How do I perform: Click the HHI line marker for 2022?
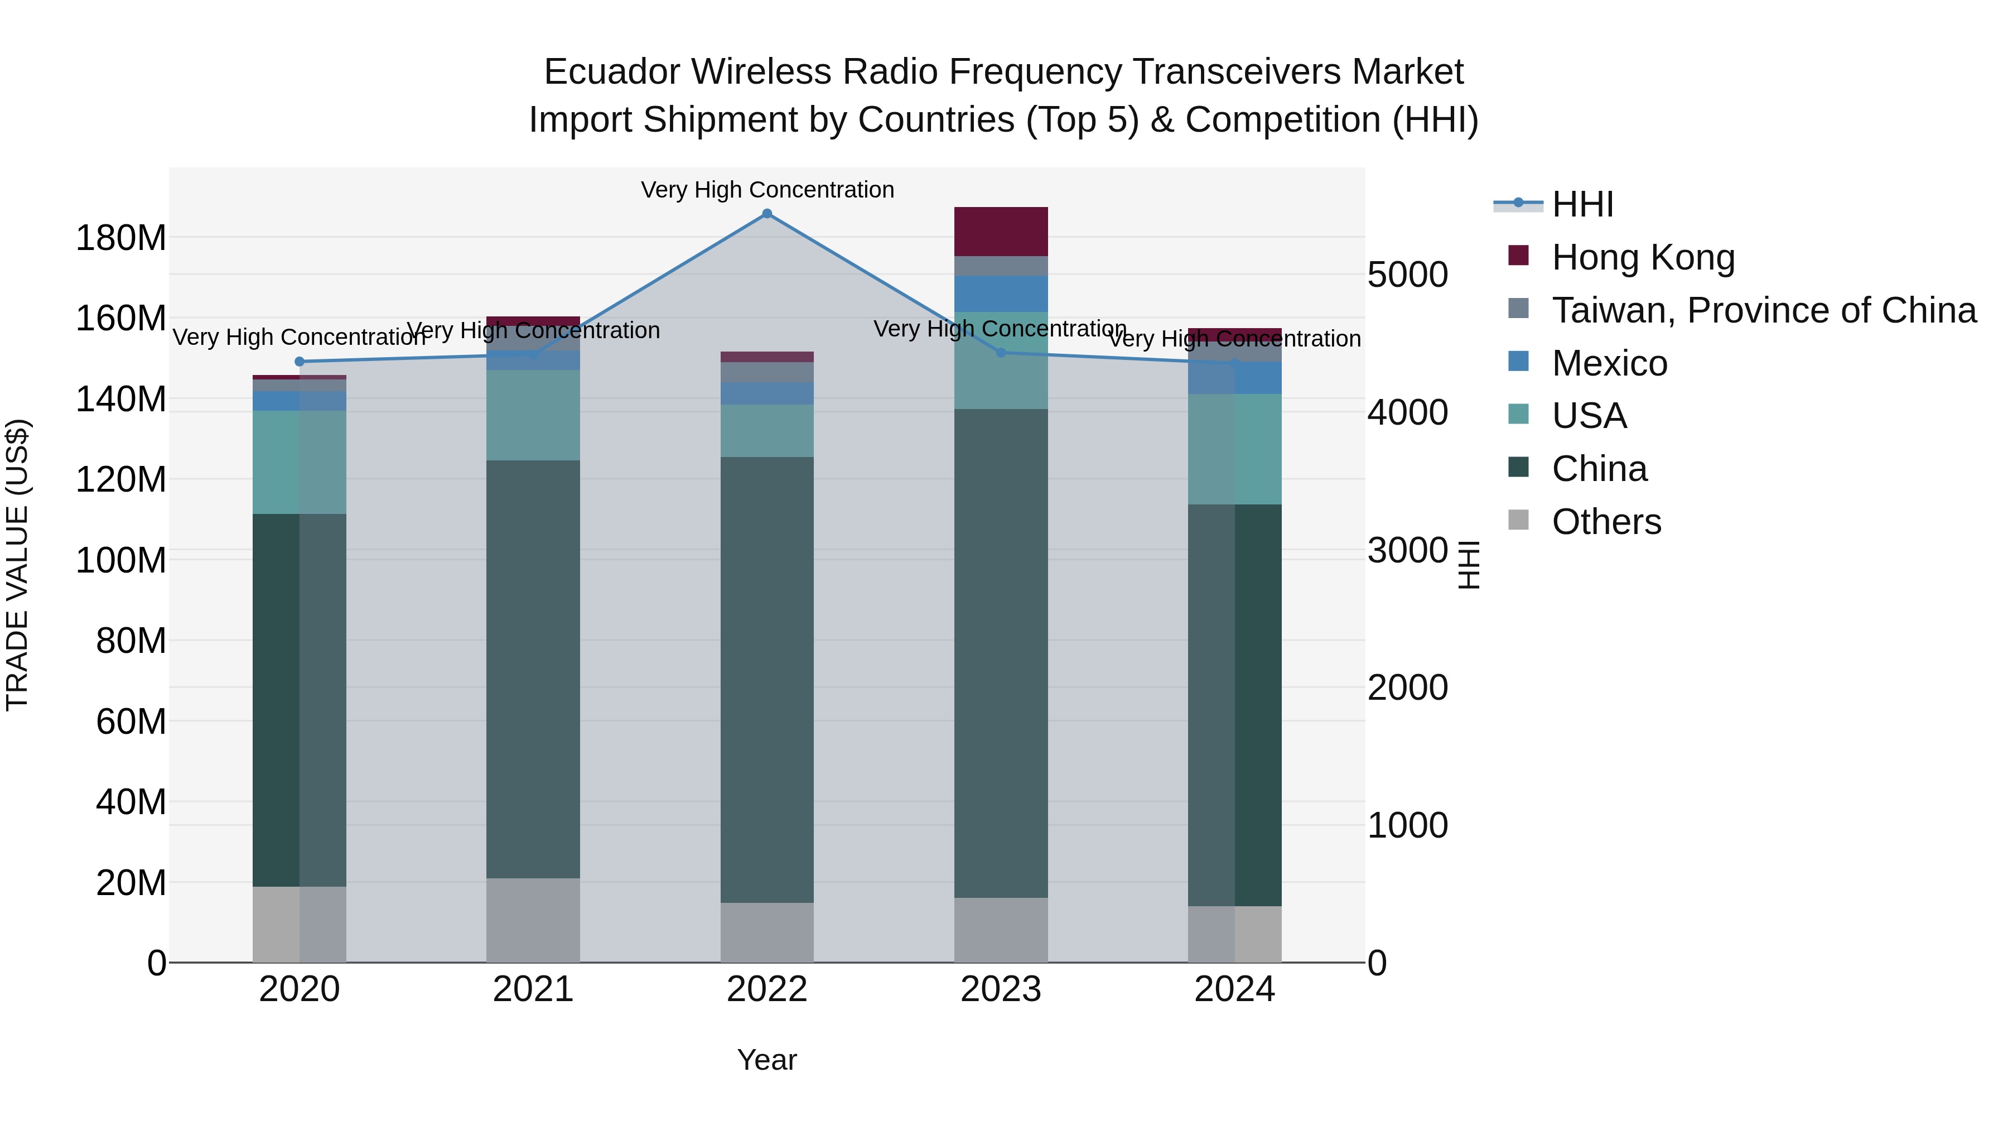[x=767, y=214]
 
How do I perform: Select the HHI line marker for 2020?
[x=300, y=362]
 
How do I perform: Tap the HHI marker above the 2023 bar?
[x=1001, y=353]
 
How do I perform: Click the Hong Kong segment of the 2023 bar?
[x=1001, y=232]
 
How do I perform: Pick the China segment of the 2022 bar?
[x=767, y=679]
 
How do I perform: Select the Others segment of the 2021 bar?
[x=533, y=920]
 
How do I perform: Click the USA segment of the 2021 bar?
[x=533, y=415]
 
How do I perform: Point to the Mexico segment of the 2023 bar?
[x=1001, y=294]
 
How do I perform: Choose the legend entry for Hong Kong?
[x=1643, y=257]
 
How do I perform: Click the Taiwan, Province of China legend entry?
[x=1763, y=310]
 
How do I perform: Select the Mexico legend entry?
[x=1609, y=363]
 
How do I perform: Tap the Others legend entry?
[x=1606, y=522]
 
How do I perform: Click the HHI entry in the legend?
[x=1582, y=204]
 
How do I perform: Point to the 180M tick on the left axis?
[x=121, y=238]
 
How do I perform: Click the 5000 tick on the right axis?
[x=1408, y=275]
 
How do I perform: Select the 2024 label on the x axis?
[x=1235, y=989]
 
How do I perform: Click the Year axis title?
[x=767, y=1060]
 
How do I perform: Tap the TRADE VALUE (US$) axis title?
[x=17, y=565]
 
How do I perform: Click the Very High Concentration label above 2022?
[x=767, y=190]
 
